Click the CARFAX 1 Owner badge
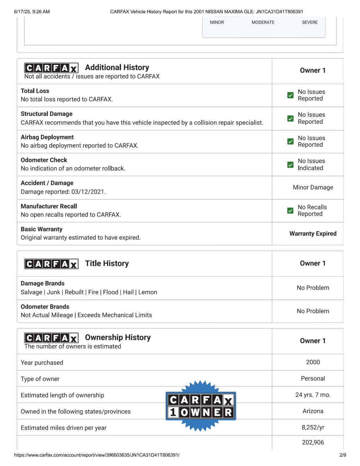pos(200,406)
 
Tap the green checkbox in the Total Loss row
pos(290,95)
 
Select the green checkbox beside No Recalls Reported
pos(290,211)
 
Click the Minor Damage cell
pos(313,187)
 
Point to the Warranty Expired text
pos(313,234)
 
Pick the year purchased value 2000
pos(313,362)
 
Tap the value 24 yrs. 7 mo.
pos(313,395)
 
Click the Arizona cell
pos(313,411)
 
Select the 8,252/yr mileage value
pos(313,427)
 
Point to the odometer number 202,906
pos(313,442)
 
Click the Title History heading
pos(107,263)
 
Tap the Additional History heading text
pos(117,67)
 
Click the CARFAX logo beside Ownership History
pos(51,338)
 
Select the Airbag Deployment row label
pos(47,137)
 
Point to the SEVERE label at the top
pos(310,22)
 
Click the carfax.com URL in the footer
pos(97,455)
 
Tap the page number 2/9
pos(343,455)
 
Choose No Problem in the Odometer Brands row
pos(313,311)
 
